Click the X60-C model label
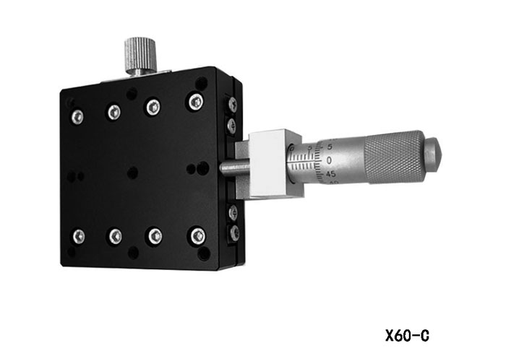click(x=407, y=336)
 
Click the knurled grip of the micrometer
click(x=393, y=157)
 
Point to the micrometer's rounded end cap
click(x=432, y=155)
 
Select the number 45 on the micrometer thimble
click(x=330, y=175)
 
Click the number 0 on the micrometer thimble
click(x=329, y=160)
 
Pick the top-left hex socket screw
click(x=77, y=117)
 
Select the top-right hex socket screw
click(x=196, y=102)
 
